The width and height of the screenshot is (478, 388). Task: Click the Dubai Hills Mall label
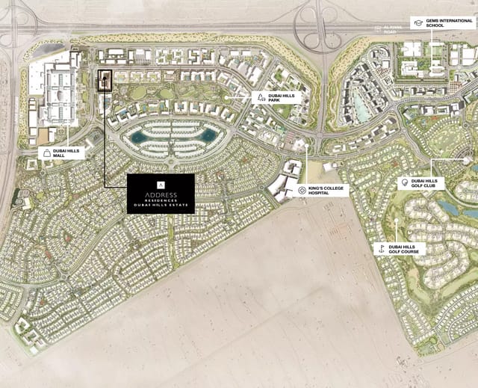69,153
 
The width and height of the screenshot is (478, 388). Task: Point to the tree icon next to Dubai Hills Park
259,97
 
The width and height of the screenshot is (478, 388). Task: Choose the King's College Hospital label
328,190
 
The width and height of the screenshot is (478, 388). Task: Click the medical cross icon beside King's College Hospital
302,190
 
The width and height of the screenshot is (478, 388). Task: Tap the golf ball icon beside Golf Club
404,182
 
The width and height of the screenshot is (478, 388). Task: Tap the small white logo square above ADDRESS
161,183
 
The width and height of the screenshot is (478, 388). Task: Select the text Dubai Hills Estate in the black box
161,206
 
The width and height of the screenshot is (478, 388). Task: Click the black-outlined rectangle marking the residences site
105,81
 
